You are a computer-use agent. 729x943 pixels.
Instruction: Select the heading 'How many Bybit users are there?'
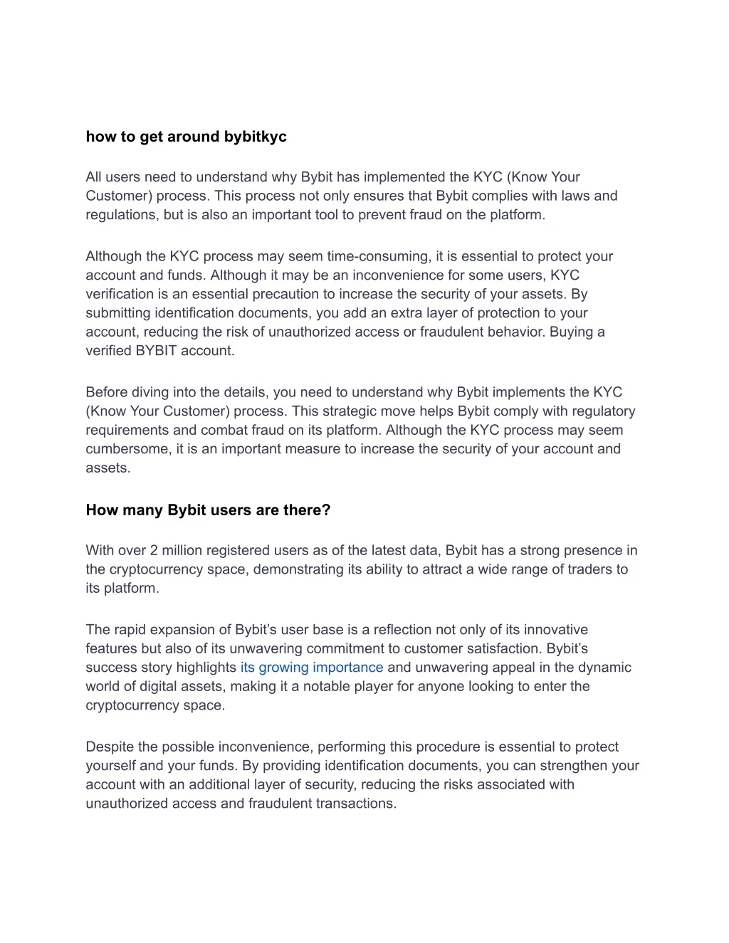pyautogui.click(x=208, y=510)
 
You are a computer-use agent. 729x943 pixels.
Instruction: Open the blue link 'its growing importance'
pyautogui.click(x=311, y=668)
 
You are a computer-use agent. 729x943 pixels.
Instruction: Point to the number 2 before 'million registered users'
pyautogui.click(x=154, y=550)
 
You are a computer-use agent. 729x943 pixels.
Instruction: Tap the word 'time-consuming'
pyautogui.click(x=378, y=256)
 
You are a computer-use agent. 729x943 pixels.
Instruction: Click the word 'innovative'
pyautogui.click(x=555, y=630)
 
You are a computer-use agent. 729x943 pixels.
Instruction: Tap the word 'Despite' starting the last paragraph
pyautogui.click(x=109, y=747)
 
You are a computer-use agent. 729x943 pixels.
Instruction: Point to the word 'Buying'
pyautogui.click(x=572, y=332)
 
